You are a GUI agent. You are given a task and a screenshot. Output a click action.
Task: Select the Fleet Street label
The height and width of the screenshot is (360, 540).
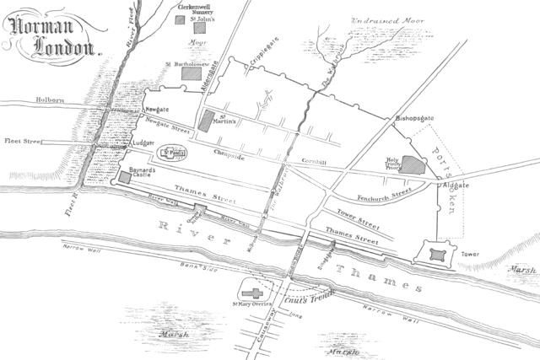24,142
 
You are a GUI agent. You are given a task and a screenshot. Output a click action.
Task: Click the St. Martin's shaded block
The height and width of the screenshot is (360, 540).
207,120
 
